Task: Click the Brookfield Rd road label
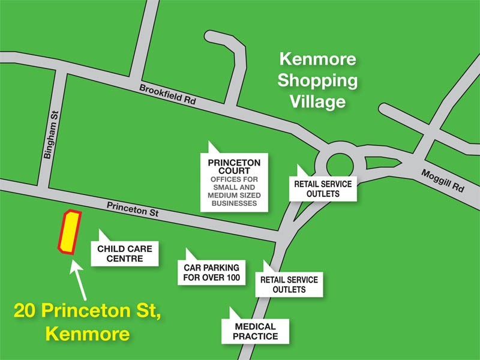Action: [168, 95]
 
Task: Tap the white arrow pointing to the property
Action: [79, 282]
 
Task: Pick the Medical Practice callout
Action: [256, 331]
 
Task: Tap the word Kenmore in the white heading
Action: [318, 59]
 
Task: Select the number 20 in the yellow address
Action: [27, 311]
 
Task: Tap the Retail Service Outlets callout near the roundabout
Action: [323, 188]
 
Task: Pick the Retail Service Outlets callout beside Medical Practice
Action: [289, 284]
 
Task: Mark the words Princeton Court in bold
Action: [234, 166]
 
